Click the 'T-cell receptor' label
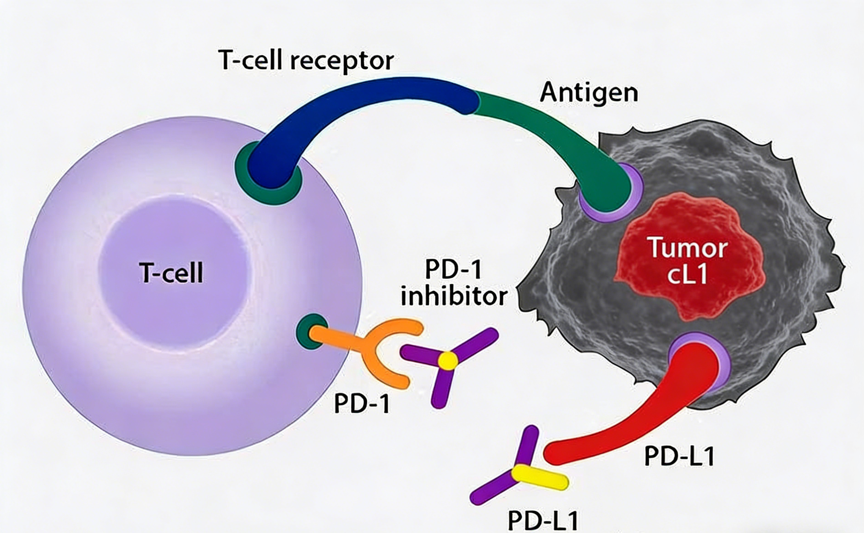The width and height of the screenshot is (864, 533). pos(306,61)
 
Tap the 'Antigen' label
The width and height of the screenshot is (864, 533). pos(589,93)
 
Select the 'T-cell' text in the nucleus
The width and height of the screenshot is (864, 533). pos(172,273)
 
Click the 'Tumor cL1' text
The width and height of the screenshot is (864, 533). pos(688,261)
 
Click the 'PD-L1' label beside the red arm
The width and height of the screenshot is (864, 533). pos(679,457)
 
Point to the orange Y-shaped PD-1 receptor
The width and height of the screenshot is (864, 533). pos(373,349)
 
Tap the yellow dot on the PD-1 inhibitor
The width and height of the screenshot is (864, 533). pos(448,361)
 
